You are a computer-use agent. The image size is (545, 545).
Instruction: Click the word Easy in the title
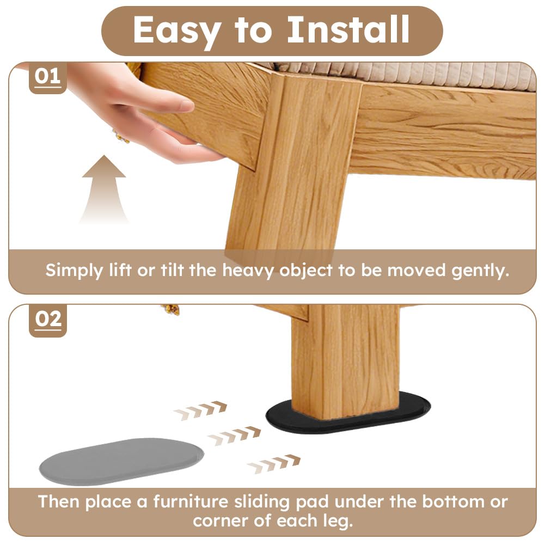point(176,31)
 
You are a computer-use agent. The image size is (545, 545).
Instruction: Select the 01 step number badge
point(47,77)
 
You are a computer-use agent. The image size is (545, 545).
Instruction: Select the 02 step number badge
point(48,320)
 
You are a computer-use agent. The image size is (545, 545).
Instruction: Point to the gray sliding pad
point(121,461)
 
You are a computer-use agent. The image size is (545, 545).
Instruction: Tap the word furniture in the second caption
point(191,501)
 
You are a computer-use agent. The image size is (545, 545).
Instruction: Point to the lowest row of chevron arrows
point(273,464)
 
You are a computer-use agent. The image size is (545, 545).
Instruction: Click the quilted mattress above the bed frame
point(400,75)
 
